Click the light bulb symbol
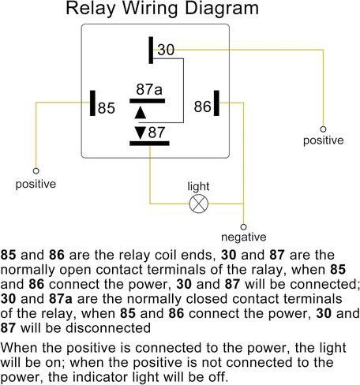tap(199, 204)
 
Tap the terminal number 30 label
tap(166, 50)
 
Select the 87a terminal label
tap(149, 89)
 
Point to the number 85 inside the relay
tap(107, 108)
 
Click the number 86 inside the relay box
tap(203, 107)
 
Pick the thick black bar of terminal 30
tap(151, 50)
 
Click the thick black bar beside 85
tap(92, 103)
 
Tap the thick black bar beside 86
tap(216, 103)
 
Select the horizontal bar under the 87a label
tap(148, 101)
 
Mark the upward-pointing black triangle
tap(141, 114)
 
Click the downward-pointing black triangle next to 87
tap(141, 133)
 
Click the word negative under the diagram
tap(244, 237)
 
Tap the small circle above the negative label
tap(243, 226)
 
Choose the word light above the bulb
tap(198, 187)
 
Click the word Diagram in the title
tap(222, 9)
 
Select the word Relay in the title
tap(90, 9)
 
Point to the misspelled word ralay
tap(266, 270)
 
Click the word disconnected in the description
tap(108, 328)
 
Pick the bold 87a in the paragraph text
tap(61, 299)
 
